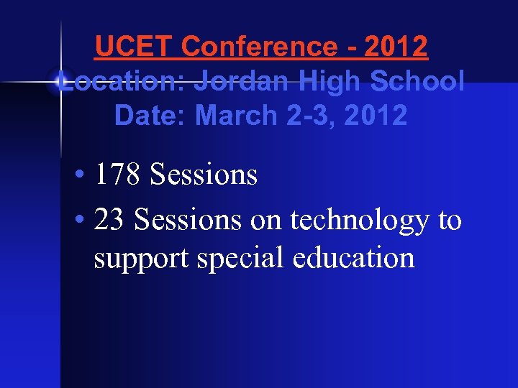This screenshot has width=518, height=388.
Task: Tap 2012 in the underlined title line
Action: pyautogui.click(x=396, y=47)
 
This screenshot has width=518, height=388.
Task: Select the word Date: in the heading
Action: pyautogui.click(x=151, y=115)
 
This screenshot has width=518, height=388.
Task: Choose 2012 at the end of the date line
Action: pyautogui.click(x=376, y=115)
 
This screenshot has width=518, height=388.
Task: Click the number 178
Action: pyautogui.click(x=119, y=175)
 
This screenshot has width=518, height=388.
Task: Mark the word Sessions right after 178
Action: pyautogui.click(x=204, y=175)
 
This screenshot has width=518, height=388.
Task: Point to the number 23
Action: pyautogui.click(x=109, y=220)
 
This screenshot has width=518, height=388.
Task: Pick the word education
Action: pyautogui.click(x=354, y=257)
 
